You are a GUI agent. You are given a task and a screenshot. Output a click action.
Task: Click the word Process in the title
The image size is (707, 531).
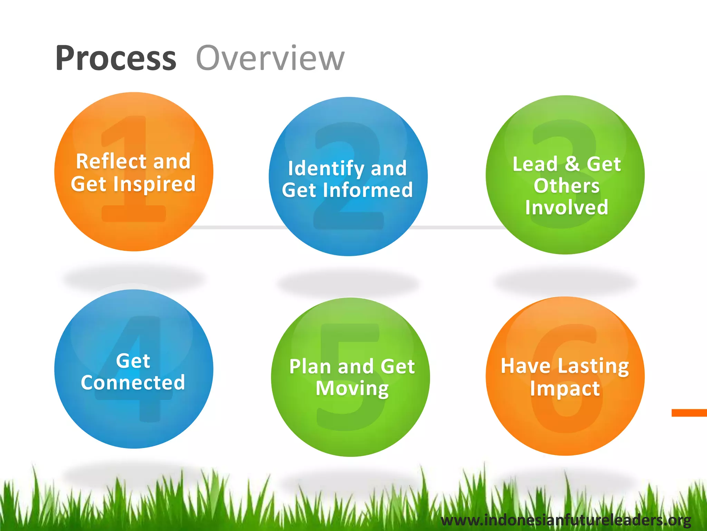pos(116,58)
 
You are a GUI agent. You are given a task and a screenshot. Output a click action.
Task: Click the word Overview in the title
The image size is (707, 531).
pos(270,58)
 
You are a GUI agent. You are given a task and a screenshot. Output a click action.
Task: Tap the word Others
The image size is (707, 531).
pos(566,186)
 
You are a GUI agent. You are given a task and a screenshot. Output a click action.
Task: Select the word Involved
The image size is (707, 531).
pos(566,207)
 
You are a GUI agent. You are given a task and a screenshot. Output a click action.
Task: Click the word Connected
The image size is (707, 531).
pos(133,382)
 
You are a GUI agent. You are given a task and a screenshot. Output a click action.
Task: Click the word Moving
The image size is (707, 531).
pos(352,389)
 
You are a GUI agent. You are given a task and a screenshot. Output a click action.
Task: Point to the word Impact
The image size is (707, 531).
pos(565,389)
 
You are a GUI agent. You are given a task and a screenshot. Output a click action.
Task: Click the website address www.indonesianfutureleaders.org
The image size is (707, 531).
pos(566,520)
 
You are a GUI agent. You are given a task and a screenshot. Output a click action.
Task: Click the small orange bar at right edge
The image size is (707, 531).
pos(689,413)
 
